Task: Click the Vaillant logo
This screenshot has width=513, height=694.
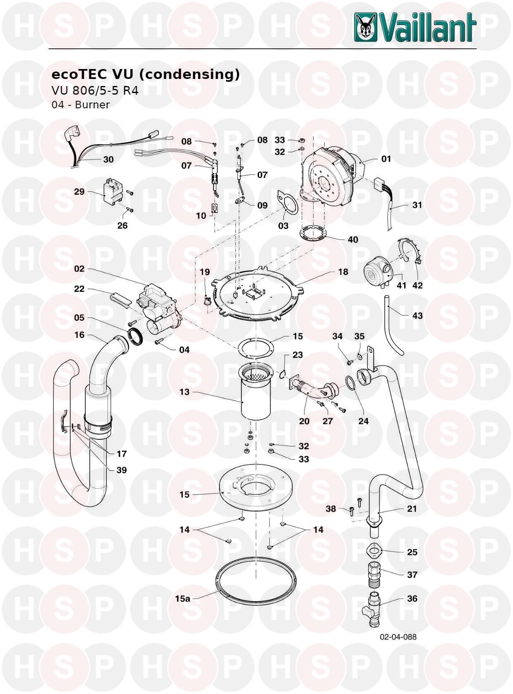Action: [x=415, y=27]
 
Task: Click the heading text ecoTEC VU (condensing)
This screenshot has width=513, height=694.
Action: [x=145, y=74]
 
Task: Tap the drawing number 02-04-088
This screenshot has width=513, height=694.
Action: [x=398, y=637]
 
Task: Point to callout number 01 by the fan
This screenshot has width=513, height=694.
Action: [x=386, y=159]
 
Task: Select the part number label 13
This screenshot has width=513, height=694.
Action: [x=184, y=392]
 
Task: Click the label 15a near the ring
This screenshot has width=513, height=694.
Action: [x=182, y=598]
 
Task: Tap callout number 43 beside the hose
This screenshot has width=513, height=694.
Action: [x=417, y=316]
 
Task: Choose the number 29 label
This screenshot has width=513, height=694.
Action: [x=79, y=192]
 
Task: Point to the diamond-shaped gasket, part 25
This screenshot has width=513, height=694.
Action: [x=374, y=551]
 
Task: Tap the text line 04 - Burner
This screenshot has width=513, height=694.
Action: [x=80, y=105]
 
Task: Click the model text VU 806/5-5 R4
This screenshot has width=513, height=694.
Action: [x=95, y=90]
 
